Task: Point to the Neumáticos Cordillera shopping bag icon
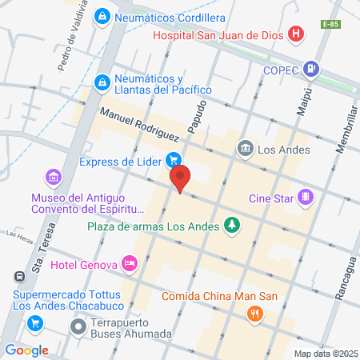[102, 16]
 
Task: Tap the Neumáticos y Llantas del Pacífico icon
[102, 81]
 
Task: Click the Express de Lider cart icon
[172, 159]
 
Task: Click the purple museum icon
[53, 176]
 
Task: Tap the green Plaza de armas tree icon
[232, 226]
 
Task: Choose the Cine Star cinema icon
[305, 197]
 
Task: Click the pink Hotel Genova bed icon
[130, 263]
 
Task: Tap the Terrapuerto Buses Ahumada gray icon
[78, 326]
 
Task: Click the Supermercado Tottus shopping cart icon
[35, 322]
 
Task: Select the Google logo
[26, 350]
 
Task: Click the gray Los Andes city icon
[246, 148]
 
